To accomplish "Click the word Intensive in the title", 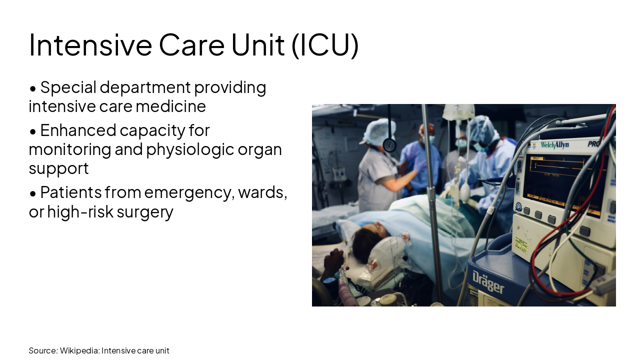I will (x=90, y=44).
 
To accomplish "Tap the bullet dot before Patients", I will (x=33, y=193).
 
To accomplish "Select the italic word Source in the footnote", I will (x=43, y=350).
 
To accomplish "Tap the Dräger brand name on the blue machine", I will (x=488, y=282).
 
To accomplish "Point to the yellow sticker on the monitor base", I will (x=522, y=245).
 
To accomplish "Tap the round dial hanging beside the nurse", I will (x=389, y=145).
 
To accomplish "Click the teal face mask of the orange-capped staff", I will (x=430, y=138).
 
